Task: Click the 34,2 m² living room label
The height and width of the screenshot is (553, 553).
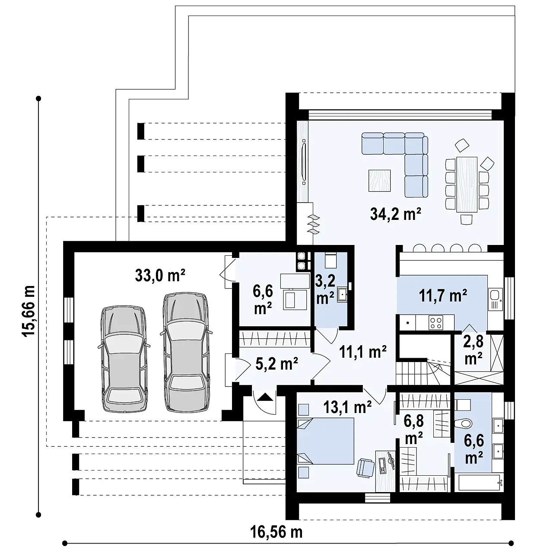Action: pyautogui.click(x=395, y=214)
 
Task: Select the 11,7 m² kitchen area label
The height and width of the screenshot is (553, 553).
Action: pyautogui.click(x=443, y=296)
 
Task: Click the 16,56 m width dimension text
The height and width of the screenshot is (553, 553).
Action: pyautogui.click(x=276, y=532)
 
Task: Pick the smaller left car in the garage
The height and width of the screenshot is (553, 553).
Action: pyautogui.click(x=123, y=359)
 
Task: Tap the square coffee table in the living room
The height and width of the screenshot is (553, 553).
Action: pyautogui.click(x=379, y=181)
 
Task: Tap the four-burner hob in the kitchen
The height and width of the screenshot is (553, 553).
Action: pyautogui.click(x=435, y=322)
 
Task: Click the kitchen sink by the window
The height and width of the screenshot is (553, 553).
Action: pyautogui.click(x=494, y=296)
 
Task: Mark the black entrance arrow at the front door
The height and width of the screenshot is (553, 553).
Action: pyautogui.click(x=265, y=396)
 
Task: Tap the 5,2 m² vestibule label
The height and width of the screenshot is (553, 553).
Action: pyautogui.click(x=276, y=364)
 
